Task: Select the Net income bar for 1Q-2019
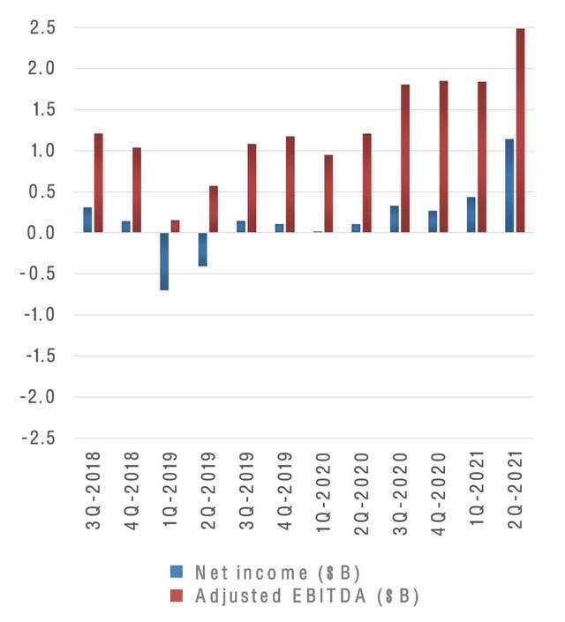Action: (x=164, y=261)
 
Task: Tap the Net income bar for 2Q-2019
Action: (x=202, y=249)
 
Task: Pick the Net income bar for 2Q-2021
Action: (x=509, y=185)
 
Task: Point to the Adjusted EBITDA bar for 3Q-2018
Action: (x=99, y=183)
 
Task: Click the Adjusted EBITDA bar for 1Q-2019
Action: (x=175, y=226)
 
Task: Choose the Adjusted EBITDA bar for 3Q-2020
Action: (x=405, y=158)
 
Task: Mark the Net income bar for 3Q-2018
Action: (x=87, y=220)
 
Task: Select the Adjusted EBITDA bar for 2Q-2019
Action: (x=213, y=209)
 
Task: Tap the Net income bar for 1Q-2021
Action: (x=471, y=214)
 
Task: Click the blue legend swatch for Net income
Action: (x=176, y=570)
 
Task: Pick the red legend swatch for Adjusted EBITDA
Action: (x=176, y=596)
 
